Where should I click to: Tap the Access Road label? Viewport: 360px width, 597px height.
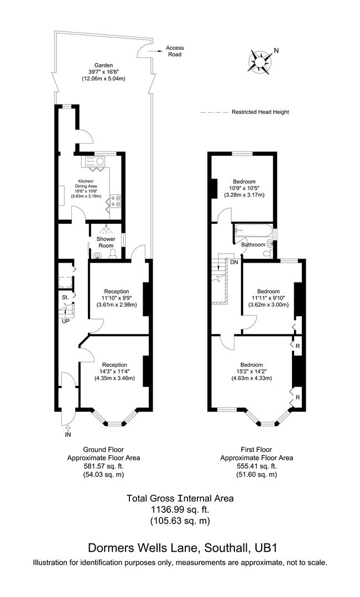point(175,51)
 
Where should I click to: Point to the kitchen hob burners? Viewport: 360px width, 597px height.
point(116,200)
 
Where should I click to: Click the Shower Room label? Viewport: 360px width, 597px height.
point(107,243)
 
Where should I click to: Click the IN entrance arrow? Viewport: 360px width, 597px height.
point(67,428)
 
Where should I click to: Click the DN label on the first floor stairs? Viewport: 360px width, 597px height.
point(234,261)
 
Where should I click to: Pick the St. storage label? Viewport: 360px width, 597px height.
point(65,297)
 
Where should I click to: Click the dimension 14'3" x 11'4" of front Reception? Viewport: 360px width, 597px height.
point(114,371)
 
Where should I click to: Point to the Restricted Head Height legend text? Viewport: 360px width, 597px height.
point(260,112)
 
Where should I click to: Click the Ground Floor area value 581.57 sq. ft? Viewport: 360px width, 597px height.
point(103,466)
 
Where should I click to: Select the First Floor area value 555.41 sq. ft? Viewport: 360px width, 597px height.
point(257,466)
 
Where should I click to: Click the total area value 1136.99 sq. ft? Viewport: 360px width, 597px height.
point(180,509)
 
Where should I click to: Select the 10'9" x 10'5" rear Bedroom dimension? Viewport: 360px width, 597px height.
point(244,188)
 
